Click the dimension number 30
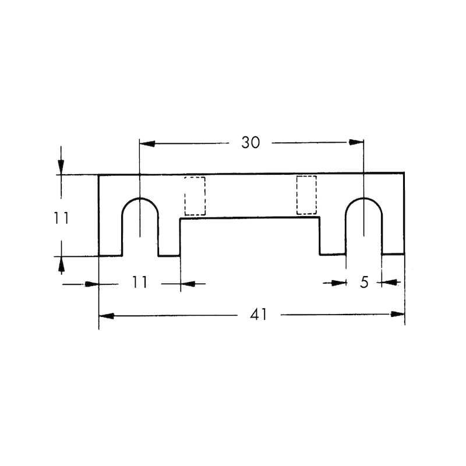point(250,143)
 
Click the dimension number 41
point(259,315)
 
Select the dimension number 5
point(364,282)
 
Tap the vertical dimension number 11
point(62,218)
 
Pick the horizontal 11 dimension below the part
point(140,283)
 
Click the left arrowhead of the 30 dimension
point(147,144)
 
